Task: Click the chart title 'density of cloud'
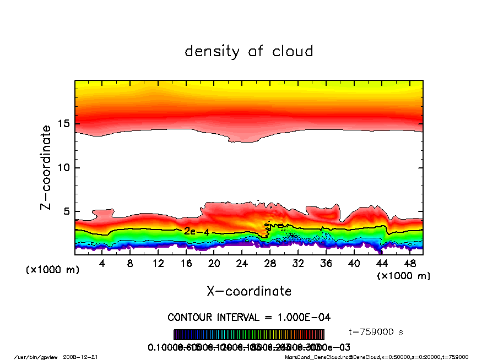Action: (x=248, y=52)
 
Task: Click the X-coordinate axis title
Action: (x=249, y=291)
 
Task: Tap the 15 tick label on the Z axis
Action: (x=64, y=124)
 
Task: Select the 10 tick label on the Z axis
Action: (x=64, y=167)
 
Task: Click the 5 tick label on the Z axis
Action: (x=67, y=211)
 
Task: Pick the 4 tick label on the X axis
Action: (x=102, y=264)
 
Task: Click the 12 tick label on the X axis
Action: (x=158, y=264)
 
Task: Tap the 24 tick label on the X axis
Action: (x=242, y=264)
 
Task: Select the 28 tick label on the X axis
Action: (x=270, y=264)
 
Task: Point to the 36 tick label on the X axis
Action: (x=326, y=264)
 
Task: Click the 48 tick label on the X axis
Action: (x=409, y=264)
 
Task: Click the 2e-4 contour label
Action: (x=197, y=232)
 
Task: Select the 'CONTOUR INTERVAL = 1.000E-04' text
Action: (x=249, y=318)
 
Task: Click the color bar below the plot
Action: (x=249, y=335)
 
